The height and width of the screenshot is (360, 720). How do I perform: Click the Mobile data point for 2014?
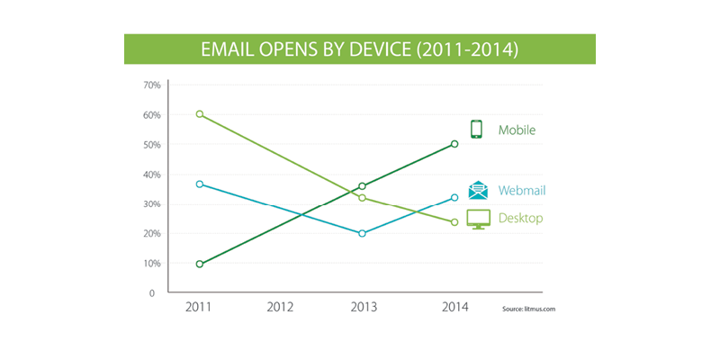(x=455, y=144)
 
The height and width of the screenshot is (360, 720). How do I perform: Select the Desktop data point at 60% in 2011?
(x=199, y=114)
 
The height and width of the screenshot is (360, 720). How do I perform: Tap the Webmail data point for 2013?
(x=362, y=233)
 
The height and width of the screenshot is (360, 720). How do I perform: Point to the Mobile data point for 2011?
(x=199, y=264)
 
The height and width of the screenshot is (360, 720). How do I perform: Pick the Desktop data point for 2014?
(x=455, y=222)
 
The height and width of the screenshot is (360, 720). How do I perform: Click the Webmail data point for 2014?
(x=455, y=197)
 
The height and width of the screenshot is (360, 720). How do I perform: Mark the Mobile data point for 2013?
(x=362, y=186)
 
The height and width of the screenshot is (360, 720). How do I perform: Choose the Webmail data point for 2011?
(x=199, y=184)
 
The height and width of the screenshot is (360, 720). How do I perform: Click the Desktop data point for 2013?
(x=362, y=197)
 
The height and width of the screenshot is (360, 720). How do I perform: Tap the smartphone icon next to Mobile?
(x=477, y=130)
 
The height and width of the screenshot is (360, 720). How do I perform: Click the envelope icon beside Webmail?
(x=478, y=190)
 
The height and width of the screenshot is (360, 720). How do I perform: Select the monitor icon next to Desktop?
(x=478, y=219)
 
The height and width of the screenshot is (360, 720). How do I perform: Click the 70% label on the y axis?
(x=151, y=85)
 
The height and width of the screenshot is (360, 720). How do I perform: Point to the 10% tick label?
(x=151, y=264)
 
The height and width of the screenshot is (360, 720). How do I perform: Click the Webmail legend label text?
(x=522, y=191)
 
